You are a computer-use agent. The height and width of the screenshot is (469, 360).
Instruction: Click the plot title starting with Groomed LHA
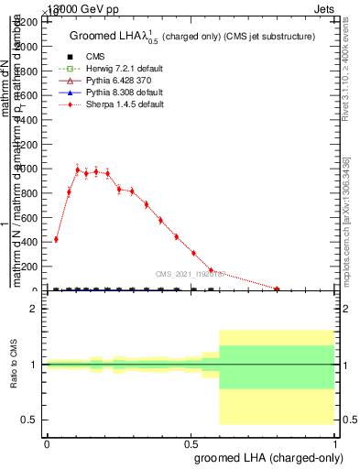(x=192, y=36)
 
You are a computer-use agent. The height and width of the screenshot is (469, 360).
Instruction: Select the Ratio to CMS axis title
(x=14, y=364)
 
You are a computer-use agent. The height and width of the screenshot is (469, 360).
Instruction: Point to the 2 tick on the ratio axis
(x=34, y=309)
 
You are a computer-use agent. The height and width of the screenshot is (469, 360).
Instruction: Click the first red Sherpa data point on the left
(x=56, y=239)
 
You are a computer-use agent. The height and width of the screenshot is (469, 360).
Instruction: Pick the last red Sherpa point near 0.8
(x=277, y=289)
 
